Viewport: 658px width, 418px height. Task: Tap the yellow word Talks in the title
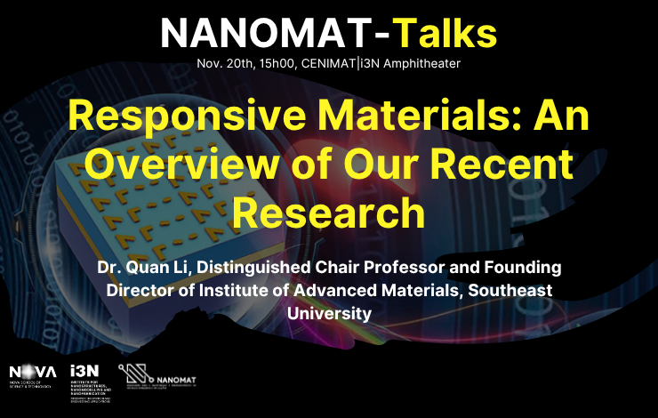pyautogui.click(x=445, y=33)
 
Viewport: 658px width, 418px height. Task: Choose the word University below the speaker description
pyautogui.click(x=328, y=312)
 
